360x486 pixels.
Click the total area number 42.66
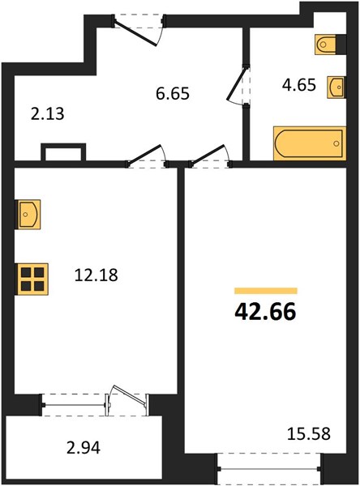click(x=265, y=312)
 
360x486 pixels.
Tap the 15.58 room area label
click(x=308, y=433)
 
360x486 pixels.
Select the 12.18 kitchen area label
click(x=96, y=275)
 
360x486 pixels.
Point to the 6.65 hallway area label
click(x=173, y=94)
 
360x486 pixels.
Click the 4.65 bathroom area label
click(x=299, y=84)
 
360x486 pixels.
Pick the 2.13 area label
click(x=48, y=113)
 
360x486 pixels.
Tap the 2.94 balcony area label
click(x=84, y=448)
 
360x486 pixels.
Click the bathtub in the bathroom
click(x=310, y=143)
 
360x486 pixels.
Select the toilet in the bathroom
click(x=326, y=45)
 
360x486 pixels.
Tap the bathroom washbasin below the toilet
click(x=336, y=87)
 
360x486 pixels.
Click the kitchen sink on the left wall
click(x=28, y=215)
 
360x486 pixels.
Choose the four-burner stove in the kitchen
click(x=32, y=279)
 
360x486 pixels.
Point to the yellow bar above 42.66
click(x=266, y=291)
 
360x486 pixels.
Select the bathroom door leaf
click(x=236, y=83)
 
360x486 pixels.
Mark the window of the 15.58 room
click(x=268, y=469)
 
